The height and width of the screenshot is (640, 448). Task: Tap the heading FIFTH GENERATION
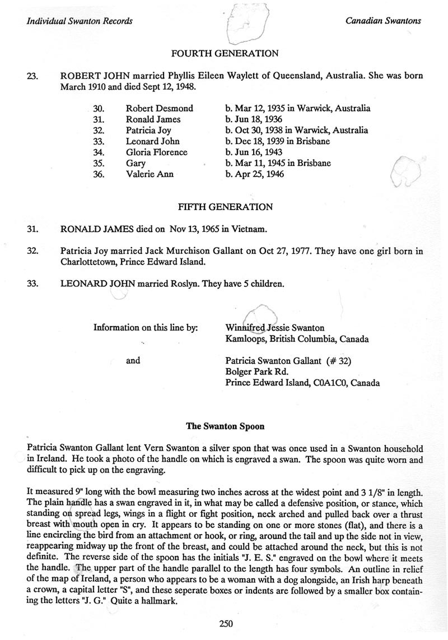point(225,207)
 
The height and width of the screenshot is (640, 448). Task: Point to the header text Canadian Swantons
point(383,21)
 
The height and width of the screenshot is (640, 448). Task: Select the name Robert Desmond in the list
point(159,108)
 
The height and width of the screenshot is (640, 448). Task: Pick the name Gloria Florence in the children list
point(156,152)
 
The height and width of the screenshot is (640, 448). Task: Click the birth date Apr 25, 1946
point(260,174)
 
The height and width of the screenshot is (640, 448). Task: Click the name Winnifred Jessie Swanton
point(274,328)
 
